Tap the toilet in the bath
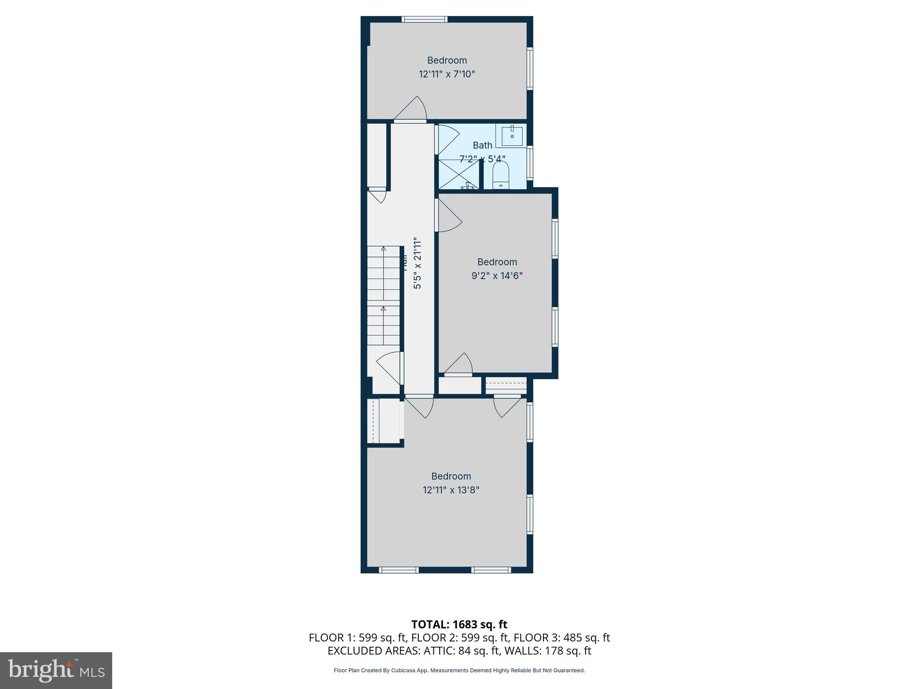pos(500,175)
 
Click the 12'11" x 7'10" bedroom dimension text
pos(446,74)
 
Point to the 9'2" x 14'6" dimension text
pos(497,275)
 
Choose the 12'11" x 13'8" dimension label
pos(451,490)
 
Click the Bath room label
pos(482,145)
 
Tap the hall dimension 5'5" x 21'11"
pos(417,263)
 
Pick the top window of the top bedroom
pos(424,19)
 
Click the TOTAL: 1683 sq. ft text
pos(459,624)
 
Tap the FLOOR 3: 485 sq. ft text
pos(561,637)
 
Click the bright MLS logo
pos(56,671)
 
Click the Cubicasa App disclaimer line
pos(459,671)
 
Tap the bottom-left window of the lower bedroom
pos(398,570)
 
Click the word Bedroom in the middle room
pos(497,262)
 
